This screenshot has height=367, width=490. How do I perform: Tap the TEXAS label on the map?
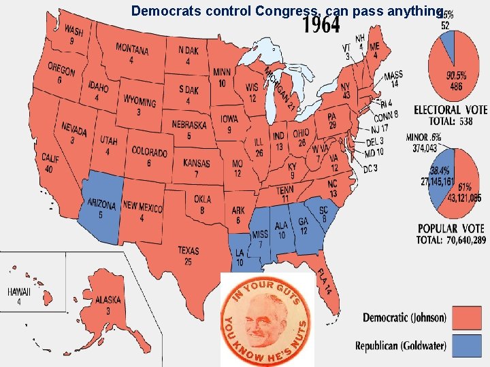pyautogui.click(x=189, y=251)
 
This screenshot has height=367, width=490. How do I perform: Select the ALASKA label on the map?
pyautogui.click(x=108, y=300)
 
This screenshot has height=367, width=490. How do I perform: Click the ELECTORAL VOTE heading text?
pyautogui.click(x=450, y=110)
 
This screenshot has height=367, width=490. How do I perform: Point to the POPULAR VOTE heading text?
pyautogui.click(x=451, y=228)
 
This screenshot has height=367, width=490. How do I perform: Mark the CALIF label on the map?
pyautogui.click(x=50, y=158)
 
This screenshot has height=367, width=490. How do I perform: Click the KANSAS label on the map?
pyautogui.click(x=197, y=163)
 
